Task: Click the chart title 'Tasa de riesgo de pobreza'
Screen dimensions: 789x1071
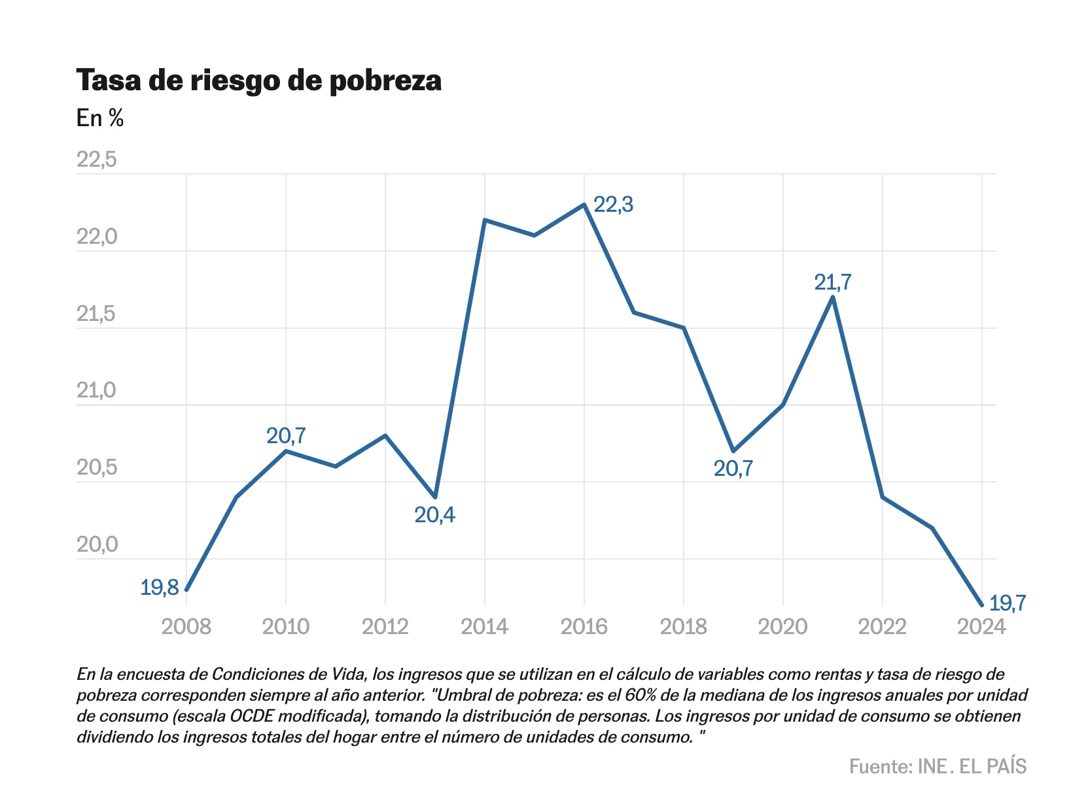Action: coord(259,80)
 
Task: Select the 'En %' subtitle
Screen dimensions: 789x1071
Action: coord(100,118)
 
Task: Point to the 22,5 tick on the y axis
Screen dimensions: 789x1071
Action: coord(97,159)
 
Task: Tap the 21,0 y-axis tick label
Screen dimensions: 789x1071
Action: coord(97,391)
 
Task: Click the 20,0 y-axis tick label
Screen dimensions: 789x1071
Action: coord(97,545)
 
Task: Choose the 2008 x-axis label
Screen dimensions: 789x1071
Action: coord(186,627)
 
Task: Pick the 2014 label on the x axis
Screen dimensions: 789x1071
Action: coord(485,627)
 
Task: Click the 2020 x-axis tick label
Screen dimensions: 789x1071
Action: coord(782,627)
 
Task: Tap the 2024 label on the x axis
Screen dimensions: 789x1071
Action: coord(981,627)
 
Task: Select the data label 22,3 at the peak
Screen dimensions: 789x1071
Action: coord(613,205)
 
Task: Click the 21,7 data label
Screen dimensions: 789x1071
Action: coord(833,282)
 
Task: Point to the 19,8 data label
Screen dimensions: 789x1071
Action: coord(160,588)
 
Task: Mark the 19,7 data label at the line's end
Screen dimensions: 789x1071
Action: coord(1008,603)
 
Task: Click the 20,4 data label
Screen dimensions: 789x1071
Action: coord(435,516)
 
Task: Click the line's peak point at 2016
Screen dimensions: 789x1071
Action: coord(584,205)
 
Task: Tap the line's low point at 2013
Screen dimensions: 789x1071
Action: coord(435,497)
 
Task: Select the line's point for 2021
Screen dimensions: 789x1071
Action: coord(832,297)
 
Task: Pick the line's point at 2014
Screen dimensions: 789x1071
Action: coord(485,220)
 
